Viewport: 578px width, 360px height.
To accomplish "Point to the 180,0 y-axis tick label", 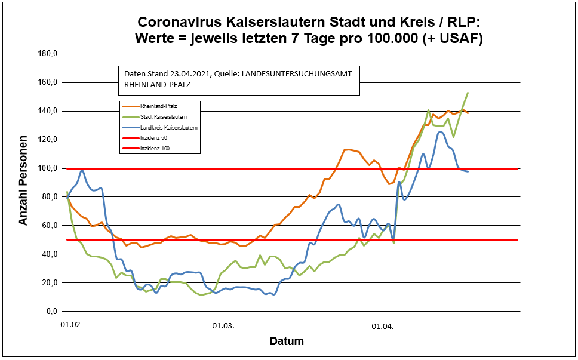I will [x=47, y=54].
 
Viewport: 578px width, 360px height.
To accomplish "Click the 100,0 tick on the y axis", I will [x=47, y=168].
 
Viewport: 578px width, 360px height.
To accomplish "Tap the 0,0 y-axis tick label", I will [x=51, y=312].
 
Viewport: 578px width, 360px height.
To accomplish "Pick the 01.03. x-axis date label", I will [x=224, y=326].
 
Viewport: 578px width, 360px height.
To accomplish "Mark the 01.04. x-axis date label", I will [x=382, y=326].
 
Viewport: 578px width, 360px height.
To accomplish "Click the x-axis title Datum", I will [x=287, y=342].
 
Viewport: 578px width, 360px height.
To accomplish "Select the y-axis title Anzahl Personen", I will [x=23, y=183].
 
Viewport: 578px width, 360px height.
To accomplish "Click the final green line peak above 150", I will [x=468, y=93].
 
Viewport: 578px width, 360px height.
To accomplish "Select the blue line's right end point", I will [x=468, y=171].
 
